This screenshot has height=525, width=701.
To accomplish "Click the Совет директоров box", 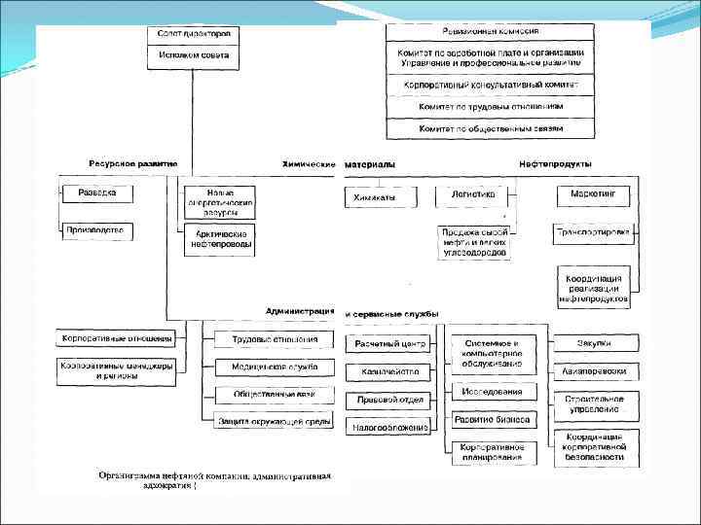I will click(x=194, y=34).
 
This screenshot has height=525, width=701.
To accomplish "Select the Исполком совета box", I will click(x=194, y=55).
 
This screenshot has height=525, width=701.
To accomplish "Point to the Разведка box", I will click(x=97, y=193).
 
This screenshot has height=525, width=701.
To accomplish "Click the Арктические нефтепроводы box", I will click(x=220, y=240).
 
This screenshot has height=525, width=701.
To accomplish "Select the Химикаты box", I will click(x=381, y=195).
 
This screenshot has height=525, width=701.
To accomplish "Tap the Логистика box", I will click(x=473, y=194).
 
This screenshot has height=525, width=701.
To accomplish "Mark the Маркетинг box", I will click(x=593, y=195).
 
